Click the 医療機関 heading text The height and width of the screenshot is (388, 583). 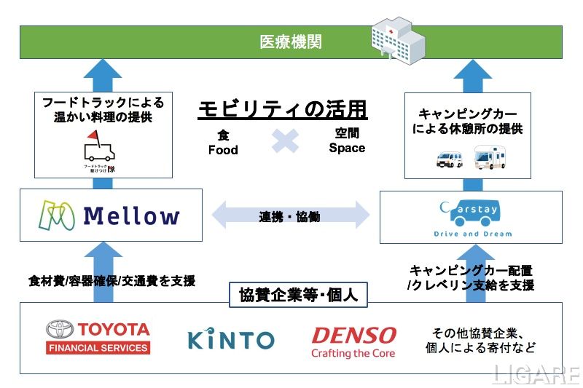click(x=291, y=41)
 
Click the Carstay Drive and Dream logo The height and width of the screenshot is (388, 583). click(x=471, y=217)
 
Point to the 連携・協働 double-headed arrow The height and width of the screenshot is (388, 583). click(x=291, y=216)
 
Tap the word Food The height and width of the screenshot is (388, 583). click(x=223, y=150)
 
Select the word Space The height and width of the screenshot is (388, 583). click(x=347, y=148)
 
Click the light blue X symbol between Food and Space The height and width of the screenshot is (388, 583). click(x=285, y=140)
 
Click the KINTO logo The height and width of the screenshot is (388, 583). click(x=231, y=340)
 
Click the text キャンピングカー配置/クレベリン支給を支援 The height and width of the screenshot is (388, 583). click(x=471, y=278)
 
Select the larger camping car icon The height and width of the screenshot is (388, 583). click(x=490, y=157)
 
